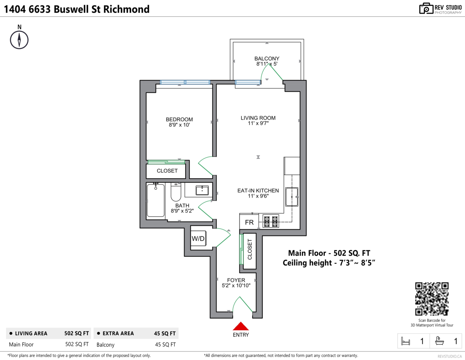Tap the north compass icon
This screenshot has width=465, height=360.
[19, 39]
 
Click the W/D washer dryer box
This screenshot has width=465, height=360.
[198, 239]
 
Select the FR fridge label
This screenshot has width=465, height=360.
[249, 223]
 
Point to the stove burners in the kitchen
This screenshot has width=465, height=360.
[271, 222]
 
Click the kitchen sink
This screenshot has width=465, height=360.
[291, 197]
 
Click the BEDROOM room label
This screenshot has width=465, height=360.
[179, 119]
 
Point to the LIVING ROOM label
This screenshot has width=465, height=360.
[258, 118]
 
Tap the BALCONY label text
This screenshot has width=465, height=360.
[267, 59]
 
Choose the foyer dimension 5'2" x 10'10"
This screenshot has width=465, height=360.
[236, 286]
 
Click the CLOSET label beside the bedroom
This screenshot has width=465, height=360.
[167, 171]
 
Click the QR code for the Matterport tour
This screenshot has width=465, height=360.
[432, 298]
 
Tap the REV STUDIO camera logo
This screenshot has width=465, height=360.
[426, 8]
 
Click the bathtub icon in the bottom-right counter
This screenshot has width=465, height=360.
[439, 341]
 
